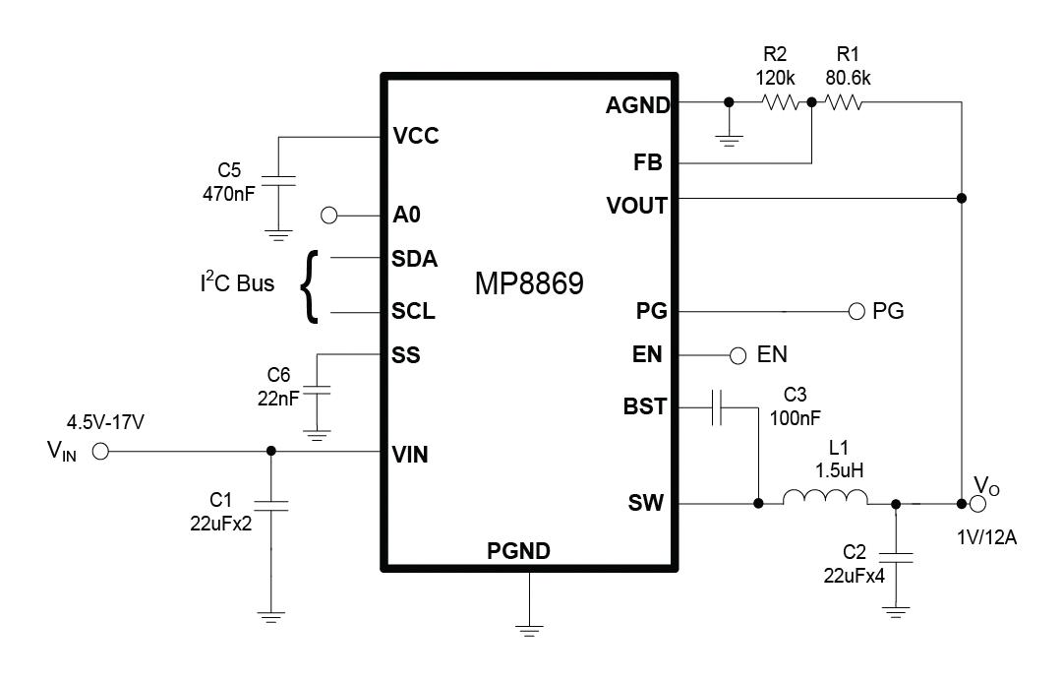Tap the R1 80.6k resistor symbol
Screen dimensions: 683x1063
(x=844, y=101)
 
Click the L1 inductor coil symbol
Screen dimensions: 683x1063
(x=825, y=502)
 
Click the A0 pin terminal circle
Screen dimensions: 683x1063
(x=329, y=215)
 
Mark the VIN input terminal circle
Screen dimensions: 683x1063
(x=99, y=452)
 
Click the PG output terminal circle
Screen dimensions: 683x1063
(x=856, y=312)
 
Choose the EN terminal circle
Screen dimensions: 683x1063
(x=738, y=354)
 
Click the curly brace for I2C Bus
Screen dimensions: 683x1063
(x=312, y=285)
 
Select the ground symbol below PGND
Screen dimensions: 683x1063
(x=529, y=628)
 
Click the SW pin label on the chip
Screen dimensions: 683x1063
(x=649, y=504)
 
